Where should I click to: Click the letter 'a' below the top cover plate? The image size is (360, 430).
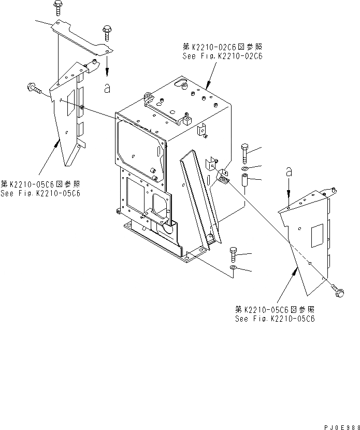[x=107, y=88]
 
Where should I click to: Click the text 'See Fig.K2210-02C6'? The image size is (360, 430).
[x=222, y=56]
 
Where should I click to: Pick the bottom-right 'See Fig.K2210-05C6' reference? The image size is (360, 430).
[x=275, y=318]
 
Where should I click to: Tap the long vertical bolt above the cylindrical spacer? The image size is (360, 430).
[x=244, y=153]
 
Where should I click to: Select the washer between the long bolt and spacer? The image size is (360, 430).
[x=244, y=169]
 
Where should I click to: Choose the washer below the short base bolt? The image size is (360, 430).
[x=233, y=268]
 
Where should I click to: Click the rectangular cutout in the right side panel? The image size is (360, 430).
[x=316, y=236]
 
